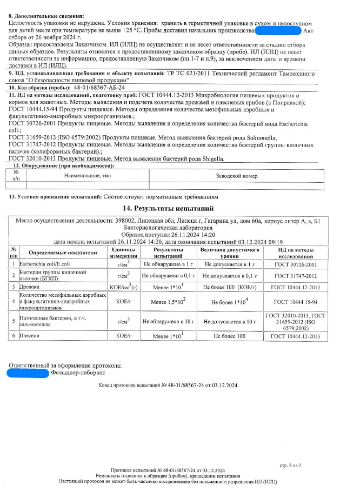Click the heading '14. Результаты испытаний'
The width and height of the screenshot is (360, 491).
[x=169, y=208]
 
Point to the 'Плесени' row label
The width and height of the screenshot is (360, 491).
[x=30, y=336]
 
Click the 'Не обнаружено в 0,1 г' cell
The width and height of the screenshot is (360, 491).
[x=168, y=275]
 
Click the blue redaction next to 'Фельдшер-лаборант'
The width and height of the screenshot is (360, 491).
[x=29, y=373]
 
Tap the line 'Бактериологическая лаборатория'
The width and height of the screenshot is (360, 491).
[x=169, y=228]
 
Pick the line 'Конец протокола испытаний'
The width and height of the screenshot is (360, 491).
[x=168, y=386]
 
